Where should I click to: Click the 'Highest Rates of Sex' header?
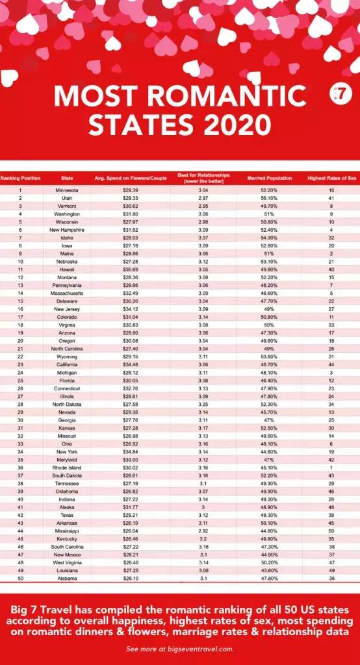point(331,178)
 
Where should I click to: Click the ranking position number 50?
point(20,578)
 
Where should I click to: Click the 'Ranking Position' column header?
point(20,178)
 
